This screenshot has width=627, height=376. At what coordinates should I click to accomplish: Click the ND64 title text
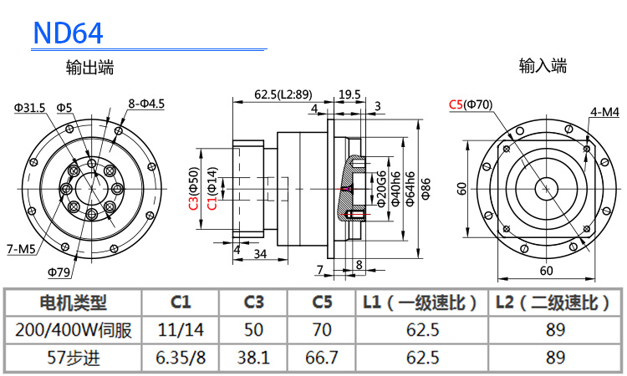(68, 33)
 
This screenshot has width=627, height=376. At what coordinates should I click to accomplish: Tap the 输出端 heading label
(90, 68)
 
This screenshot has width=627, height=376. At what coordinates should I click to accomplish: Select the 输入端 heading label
(543, 65)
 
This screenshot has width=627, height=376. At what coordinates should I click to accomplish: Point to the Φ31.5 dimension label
(29, 107)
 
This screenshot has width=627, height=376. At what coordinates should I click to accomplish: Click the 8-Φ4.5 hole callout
(146, 104)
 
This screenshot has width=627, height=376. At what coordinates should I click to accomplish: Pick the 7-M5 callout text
(21, 249)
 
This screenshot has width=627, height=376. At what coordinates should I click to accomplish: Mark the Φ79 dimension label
(59, 272)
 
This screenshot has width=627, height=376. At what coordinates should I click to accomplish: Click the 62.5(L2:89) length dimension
(283, 94)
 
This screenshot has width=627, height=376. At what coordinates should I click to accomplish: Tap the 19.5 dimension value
(349, 94)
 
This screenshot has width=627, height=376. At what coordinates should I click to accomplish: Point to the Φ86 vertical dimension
(426, 189)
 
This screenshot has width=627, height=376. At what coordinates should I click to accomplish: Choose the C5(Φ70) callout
(471, 104)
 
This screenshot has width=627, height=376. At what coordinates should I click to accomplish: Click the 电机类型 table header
(74, 302)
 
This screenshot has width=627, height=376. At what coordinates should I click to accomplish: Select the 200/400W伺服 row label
(74, 329)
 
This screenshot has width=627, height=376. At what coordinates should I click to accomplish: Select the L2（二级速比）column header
(553, 302)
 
